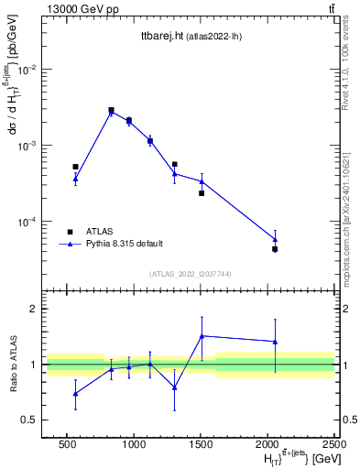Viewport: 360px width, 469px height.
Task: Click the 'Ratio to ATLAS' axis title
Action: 13,365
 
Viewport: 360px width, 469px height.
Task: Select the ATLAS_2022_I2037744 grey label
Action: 189,274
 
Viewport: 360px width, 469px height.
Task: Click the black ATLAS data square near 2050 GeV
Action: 275,249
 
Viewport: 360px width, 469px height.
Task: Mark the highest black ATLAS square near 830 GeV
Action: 111,110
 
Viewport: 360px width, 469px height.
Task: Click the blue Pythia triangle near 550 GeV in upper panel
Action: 75,179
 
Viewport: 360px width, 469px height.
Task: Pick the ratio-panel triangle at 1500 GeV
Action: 202,336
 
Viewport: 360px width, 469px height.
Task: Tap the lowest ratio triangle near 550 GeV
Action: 75,394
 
